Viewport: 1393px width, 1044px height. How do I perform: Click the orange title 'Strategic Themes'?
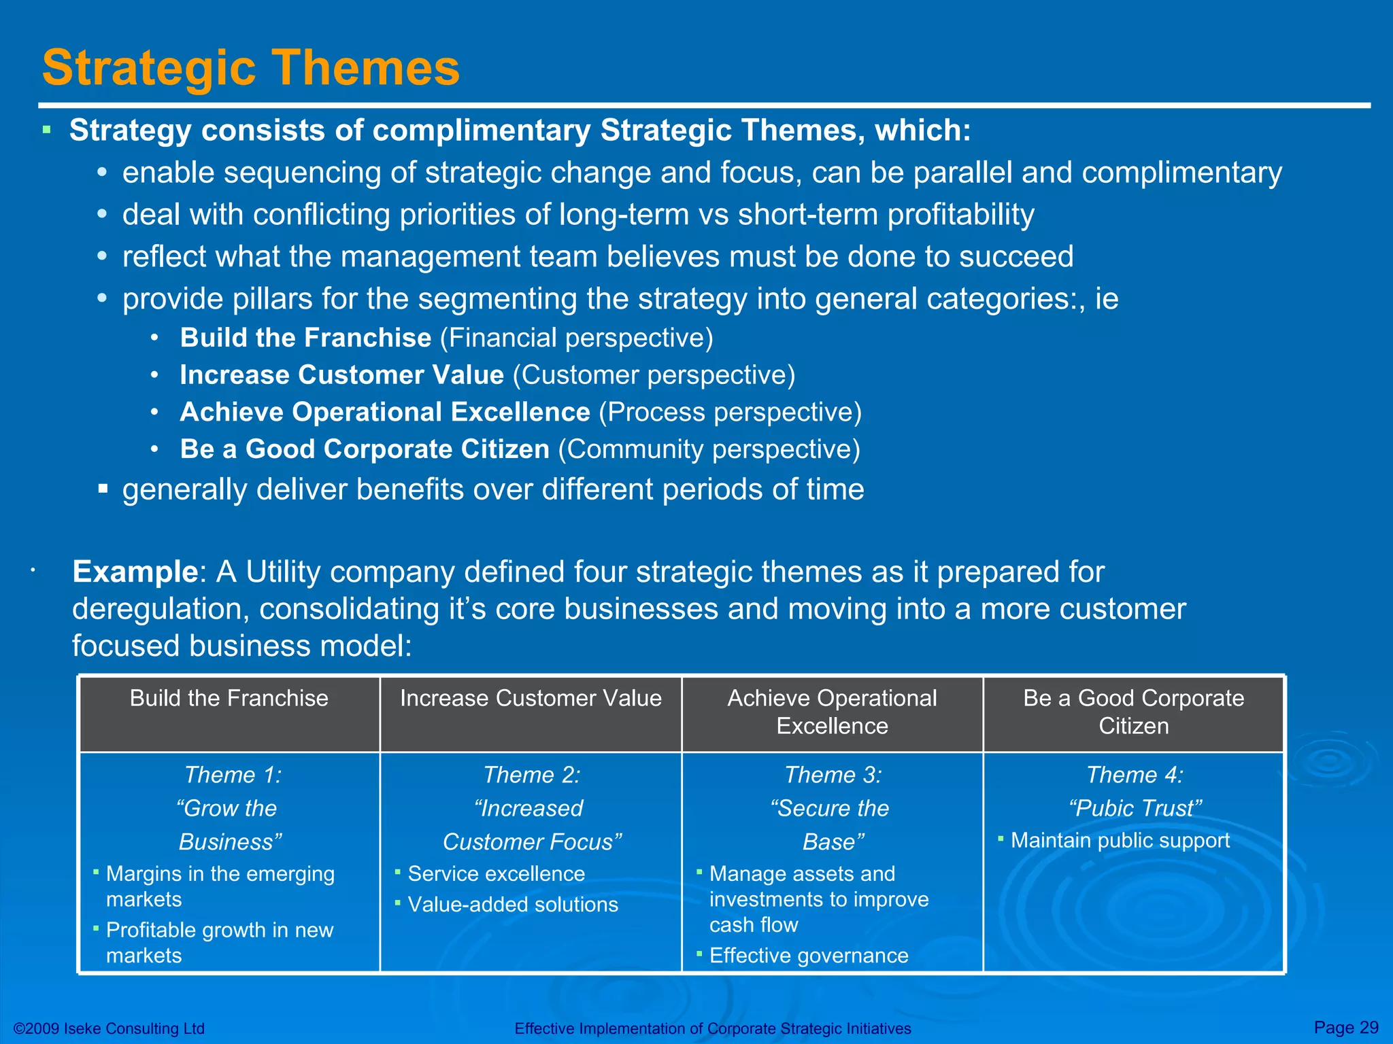click(250, 68)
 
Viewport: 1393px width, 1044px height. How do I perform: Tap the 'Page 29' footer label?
click(1345, 1027)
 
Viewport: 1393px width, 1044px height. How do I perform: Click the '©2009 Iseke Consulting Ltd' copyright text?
click(109, 1028)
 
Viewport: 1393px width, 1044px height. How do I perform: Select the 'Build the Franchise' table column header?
click(229, 698)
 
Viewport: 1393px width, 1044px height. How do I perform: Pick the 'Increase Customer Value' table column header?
click(531, 698)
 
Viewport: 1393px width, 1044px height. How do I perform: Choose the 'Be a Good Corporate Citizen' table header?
click(1133, 712)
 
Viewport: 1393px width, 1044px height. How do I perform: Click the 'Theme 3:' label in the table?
click(833, 775)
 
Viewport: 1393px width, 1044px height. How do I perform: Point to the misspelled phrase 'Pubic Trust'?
click(1135, 808)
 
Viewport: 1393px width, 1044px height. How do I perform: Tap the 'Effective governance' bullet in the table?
click(808, 956)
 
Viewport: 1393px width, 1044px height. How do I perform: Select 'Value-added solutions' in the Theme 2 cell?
click(512, 905)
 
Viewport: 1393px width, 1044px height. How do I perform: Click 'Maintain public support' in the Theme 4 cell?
click(1120, 841)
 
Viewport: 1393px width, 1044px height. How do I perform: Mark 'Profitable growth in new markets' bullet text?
click(219, 942)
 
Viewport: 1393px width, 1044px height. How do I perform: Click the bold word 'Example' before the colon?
click(135, 572)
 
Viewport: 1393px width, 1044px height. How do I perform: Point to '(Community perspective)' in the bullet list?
click(709, 449)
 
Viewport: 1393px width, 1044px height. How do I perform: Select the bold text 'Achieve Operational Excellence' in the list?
click(384, 413)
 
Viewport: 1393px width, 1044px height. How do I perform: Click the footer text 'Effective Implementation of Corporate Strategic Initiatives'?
click(712, 1028)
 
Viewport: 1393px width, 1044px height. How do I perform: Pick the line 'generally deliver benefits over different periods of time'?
click(492, 489)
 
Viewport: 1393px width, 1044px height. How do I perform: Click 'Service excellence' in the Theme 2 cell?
click(496, 874)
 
